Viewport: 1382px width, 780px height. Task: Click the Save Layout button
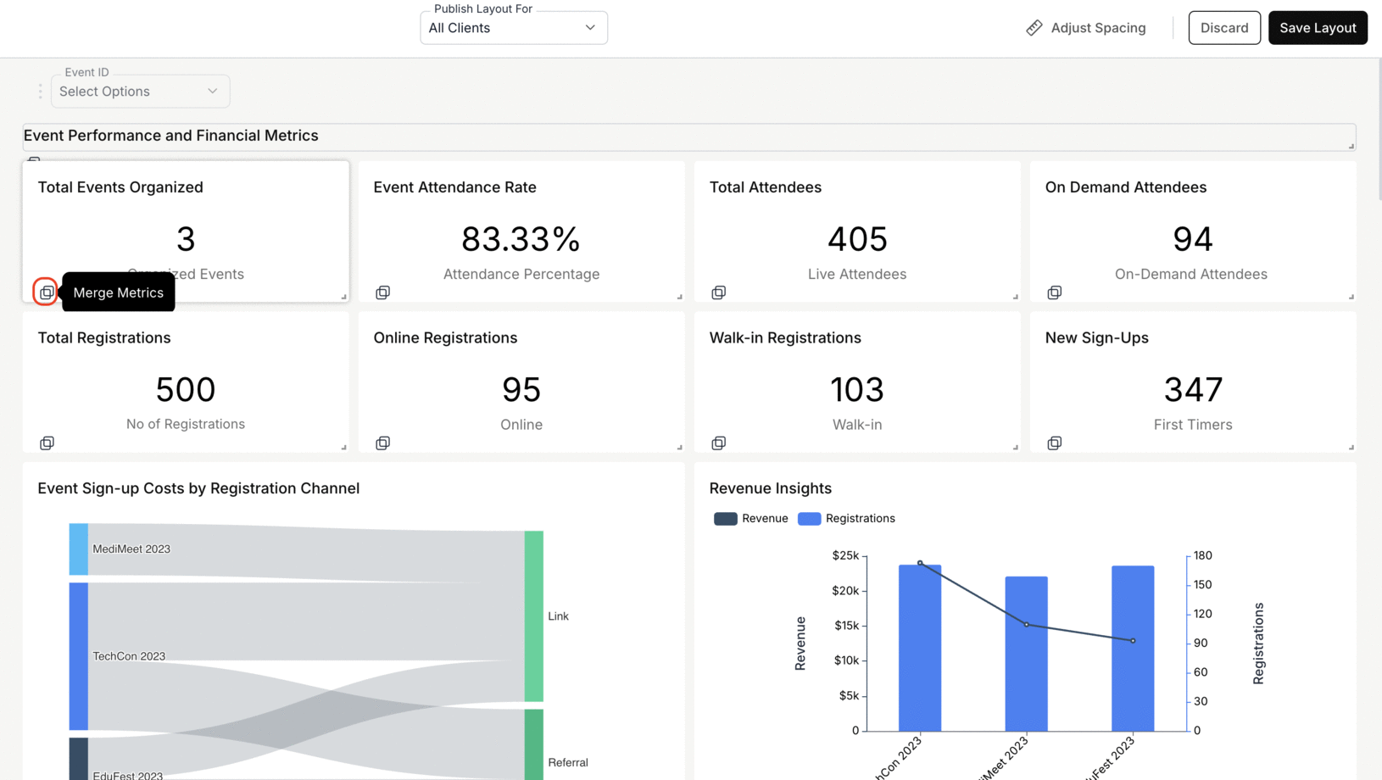tap(1317, 28)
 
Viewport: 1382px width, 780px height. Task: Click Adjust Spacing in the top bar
tap(1086, 28)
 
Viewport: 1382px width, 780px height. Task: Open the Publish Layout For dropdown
tap(513, 28)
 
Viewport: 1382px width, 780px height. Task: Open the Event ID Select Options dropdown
tap(140, 92)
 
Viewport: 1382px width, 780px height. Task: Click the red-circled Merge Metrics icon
tap(46, 292)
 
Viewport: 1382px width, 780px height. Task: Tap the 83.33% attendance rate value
tap(521, 239)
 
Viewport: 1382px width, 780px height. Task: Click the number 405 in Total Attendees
tap(856, 239)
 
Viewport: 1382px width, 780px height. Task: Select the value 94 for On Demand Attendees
tap(1192, 239)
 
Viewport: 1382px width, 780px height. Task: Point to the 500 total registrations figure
tap(185, 389)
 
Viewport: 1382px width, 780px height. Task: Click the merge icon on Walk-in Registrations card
tap(718, 443)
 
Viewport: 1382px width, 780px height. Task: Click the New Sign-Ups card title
tap(1096, 337)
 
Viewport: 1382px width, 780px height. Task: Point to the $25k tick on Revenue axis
tap(845, 555)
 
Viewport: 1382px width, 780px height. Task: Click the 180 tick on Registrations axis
tap(1202, 555)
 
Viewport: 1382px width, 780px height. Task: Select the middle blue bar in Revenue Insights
tap(1026, 653)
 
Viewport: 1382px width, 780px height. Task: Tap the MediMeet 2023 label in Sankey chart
tap(131, 549)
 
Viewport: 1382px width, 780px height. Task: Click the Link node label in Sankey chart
tap(558, 616)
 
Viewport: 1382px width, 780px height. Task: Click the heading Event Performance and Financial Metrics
tap(171, 136)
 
